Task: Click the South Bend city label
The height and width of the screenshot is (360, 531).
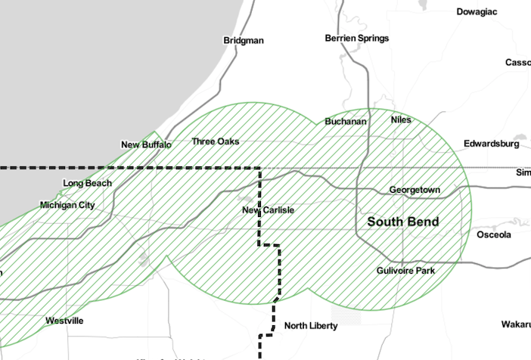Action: pos(402,222)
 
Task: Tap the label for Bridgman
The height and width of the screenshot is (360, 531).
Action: pos(244,40)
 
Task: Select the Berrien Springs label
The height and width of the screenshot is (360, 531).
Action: pos(356,38)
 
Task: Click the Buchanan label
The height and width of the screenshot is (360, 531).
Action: pos(345,121)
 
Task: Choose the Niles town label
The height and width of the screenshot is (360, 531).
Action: pos(400,119)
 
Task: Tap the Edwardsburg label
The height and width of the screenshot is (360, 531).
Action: pos(492,143)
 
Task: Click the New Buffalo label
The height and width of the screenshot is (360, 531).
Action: pos(146,144)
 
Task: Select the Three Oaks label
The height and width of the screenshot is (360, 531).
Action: pos(215,141)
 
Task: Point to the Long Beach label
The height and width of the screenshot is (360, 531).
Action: pos(87,183)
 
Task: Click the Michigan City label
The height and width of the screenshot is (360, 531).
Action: pos(67,205)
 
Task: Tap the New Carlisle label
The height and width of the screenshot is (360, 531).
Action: pos(268,209)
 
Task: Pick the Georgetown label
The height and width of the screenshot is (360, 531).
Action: pos(414,190)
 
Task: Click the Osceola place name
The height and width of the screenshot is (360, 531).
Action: pos(494,234)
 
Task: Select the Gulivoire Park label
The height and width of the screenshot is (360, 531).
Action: pos(405,270)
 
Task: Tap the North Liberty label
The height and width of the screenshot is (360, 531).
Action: pos(310,326)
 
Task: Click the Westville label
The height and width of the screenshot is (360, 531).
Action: pos(64,321)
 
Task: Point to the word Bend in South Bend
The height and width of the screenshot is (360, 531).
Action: pos(422,222)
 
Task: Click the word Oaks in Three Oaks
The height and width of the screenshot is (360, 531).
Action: pos(228,141)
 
